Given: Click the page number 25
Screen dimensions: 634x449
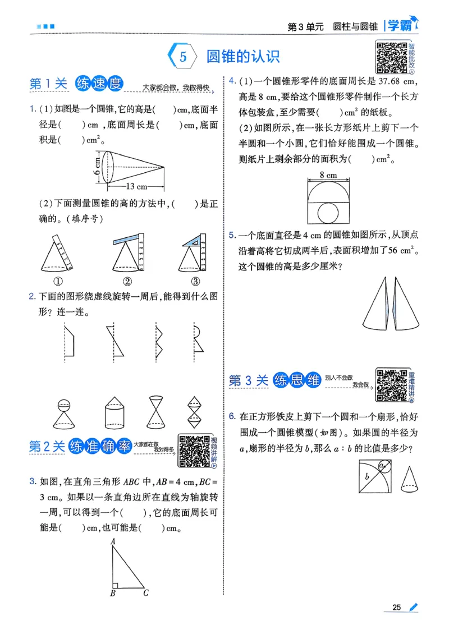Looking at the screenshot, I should (396, 607).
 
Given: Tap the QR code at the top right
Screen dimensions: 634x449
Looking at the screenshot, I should (391, 58).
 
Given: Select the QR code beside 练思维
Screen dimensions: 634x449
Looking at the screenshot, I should (391, 385).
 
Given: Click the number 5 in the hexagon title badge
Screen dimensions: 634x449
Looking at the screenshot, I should (182, 57).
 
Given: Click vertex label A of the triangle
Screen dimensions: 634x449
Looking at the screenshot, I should (113, 541).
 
